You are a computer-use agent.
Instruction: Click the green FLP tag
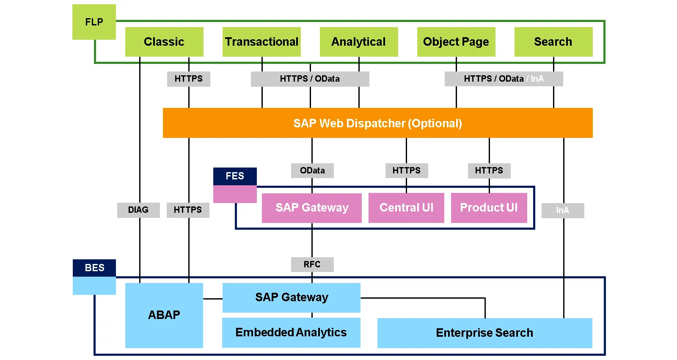(x=94, y=22)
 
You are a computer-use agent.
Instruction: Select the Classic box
(x=164, y=42)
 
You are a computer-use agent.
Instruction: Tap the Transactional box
(x=261, y=42)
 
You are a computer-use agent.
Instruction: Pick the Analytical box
(x=359, y=42)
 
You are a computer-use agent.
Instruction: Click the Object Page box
(x=456, y=42)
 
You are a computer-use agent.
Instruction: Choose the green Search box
(x=553, y=42)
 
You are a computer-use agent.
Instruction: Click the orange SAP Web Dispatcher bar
(x=377, y=123)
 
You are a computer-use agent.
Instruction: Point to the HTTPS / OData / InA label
(x=504, y=79)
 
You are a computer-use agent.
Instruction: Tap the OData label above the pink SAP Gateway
(x=312, y=170)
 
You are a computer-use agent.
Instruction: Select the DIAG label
(x=138, y=210)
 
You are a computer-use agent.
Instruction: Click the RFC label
(x=312, y=264)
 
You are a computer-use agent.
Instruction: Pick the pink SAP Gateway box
(x=312, y=208)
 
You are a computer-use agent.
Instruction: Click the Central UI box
(x=406, y=208)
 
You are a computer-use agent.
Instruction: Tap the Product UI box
(x=489, y=208)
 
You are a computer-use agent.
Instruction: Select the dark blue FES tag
(x=235, y=176)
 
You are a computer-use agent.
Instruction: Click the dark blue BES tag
(x=94, y=268)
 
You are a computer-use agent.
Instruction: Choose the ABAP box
(x=164, y=315)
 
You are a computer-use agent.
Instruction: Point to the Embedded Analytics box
(x=291, y=333)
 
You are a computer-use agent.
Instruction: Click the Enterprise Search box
(x=484, y=333)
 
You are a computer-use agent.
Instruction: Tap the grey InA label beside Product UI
(x=563, y=210)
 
